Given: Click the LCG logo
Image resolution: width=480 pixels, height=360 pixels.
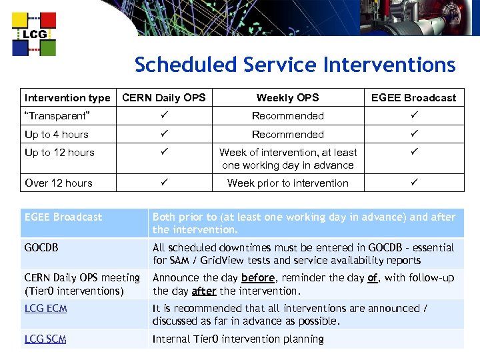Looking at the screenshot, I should point(34,33).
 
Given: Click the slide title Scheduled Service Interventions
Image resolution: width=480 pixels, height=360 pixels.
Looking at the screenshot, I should point(295,65).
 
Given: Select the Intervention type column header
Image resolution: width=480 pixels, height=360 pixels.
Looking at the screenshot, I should point(67,98).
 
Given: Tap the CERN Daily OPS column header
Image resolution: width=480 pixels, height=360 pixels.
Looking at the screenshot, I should point(164,98).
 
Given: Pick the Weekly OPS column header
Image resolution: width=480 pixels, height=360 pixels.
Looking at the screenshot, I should point(288,98).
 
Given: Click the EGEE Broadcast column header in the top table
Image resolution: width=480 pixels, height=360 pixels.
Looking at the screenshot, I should point(413,98).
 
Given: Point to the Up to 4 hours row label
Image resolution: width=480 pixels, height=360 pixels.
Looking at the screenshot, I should point(57,134).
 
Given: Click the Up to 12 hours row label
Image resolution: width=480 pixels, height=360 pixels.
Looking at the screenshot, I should point(59,152).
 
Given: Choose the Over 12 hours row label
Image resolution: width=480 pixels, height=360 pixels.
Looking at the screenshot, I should point(59,183).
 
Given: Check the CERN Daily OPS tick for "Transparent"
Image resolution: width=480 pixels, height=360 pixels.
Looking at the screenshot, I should point(164,115).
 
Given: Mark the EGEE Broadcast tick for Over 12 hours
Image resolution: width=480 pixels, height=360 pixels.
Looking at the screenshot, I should point(413,182).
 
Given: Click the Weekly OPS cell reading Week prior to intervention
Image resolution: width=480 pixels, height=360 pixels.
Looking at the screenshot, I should point(288,183).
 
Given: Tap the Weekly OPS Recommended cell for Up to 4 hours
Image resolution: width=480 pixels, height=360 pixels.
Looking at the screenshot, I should point(288,134).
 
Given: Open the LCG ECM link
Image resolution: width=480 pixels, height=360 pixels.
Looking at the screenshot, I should point(45,309).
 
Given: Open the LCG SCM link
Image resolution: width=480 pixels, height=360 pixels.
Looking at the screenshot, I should point(45,339).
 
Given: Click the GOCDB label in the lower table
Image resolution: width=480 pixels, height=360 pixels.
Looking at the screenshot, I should point(41,247).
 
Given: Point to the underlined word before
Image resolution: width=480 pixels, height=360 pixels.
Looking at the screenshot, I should point(258,278).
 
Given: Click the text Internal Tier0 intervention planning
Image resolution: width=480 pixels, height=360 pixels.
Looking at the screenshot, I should point(238,339).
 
